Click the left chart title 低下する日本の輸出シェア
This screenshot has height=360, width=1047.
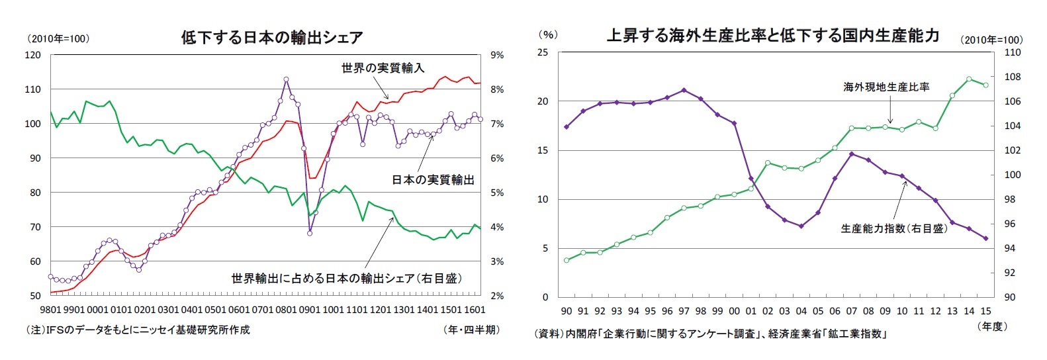tap(271, 37)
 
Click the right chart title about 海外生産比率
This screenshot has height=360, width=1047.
tap(772, 36)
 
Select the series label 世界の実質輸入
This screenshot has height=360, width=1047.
tap(383, 67)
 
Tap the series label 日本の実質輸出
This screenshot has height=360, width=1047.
tap(433, 179)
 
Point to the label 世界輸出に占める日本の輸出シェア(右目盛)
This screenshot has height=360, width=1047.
tap(346, 279)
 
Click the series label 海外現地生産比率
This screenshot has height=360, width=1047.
tap(886, 87)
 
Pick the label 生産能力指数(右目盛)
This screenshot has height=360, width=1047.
tap(893, 228)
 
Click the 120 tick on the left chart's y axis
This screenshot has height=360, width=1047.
tap(32, 56)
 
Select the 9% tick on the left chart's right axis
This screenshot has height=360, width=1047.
tap(496, 56)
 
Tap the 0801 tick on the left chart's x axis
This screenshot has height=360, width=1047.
tap(286, 310)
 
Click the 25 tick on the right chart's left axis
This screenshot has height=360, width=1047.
tap(542, 53)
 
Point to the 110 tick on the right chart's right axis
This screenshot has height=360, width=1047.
tap(1013, 53)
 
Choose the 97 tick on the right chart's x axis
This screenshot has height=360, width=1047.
tap(684, 311)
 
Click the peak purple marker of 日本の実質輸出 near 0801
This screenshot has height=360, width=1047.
tap(286, 79)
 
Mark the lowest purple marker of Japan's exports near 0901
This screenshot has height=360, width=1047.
tap(310, 233)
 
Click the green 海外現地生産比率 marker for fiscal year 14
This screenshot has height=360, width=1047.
tap(969, 79)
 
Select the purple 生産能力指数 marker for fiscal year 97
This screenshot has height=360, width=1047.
tap(684, 90)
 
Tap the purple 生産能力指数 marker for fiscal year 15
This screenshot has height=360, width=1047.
tap(985, 238)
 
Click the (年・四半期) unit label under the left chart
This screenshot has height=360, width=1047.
tap(471, 330)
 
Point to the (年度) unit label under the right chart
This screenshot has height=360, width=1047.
tap(991, 326)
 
